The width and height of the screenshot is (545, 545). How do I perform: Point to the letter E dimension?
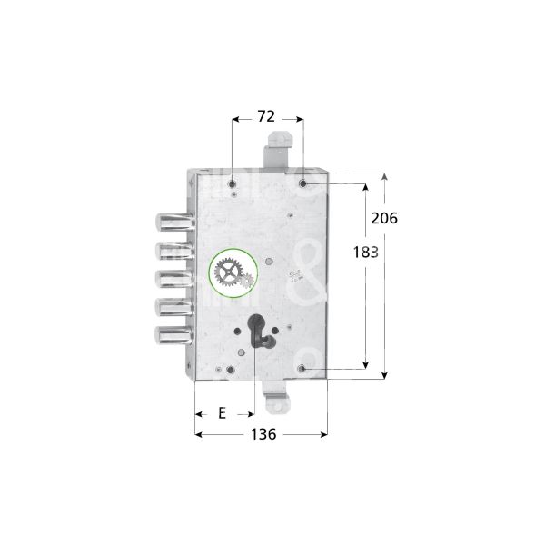223,413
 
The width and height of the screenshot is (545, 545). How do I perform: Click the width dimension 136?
263,434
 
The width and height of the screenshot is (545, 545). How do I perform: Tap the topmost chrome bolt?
170,221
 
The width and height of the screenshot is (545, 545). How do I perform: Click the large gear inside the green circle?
225,272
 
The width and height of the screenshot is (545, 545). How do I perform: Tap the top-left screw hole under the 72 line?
234,179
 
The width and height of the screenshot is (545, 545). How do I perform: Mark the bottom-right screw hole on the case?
302,369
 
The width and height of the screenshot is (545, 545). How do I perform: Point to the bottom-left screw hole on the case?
234,371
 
